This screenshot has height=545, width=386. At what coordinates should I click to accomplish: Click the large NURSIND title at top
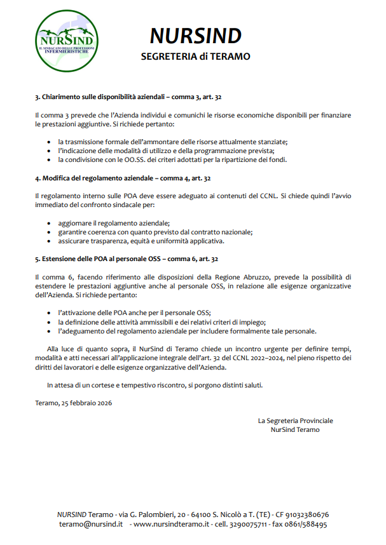(x=196, y=36)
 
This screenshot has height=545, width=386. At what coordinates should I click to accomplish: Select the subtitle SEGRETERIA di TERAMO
(x=196, y=57)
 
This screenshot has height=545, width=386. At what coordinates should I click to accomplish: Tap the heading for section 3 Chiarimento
(x=128, y=97)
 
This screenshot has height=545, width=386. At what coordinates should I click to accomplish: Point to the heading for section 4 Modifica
(x=123, y=178)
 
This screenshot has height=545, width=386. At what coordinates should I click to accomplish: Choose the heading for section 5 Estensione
(x=127, y=259)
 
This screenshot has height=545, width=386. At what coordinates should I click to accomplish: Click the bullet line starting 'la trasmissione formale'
(x=172, y=142)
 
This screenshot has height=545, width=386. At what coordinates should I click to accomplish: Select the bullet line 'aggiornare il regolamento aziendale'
(x=114, y=223)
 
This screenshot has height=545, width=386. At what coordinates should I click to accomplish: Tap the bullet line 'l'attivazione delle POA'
(x=134, y=313)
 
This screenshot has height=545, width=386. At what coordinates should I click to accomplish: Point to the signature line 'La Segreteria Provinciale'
(x=295, y=421)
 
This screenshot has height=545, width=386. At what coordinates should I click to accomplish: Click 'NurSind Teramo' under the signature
(x=295, y=429)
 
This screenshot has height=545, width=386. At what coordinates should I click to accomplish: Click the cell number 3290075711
(x=252, y=525)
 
